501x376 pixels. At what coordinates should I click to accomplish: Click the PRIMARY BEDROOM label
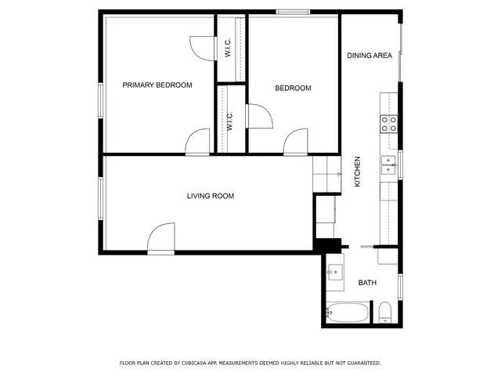[157, 85]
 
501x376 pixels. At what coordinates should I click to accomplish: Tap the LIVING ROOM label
[210, 196]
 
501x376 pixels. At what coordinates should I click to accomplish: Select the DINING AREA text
[369, 56]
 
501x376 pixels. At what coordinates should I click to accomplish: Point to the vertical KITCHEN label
[358, 172]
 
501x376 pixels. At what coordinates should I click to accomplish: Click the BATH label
[367, 283]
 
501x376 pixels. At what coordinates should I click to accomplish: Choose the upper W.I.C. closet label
[227, 49]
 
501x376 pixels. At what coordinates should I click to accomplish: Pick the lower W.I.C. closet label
[230, 121]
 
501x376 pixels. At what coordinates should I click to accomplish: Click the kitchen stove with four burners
[389, 123]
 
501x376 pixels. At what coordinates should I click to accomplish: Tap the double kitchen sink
[388, 165]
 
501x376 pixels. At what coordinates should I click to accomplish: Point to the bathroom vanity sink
[334, 273]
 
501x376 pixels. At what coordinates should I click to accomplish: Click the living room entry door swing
[161, 238]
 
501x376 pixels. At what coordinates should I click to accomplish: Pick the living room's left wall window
[100, 199]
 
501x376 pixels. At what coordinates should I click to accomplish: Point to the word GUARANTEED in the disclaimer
[362, 363]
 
